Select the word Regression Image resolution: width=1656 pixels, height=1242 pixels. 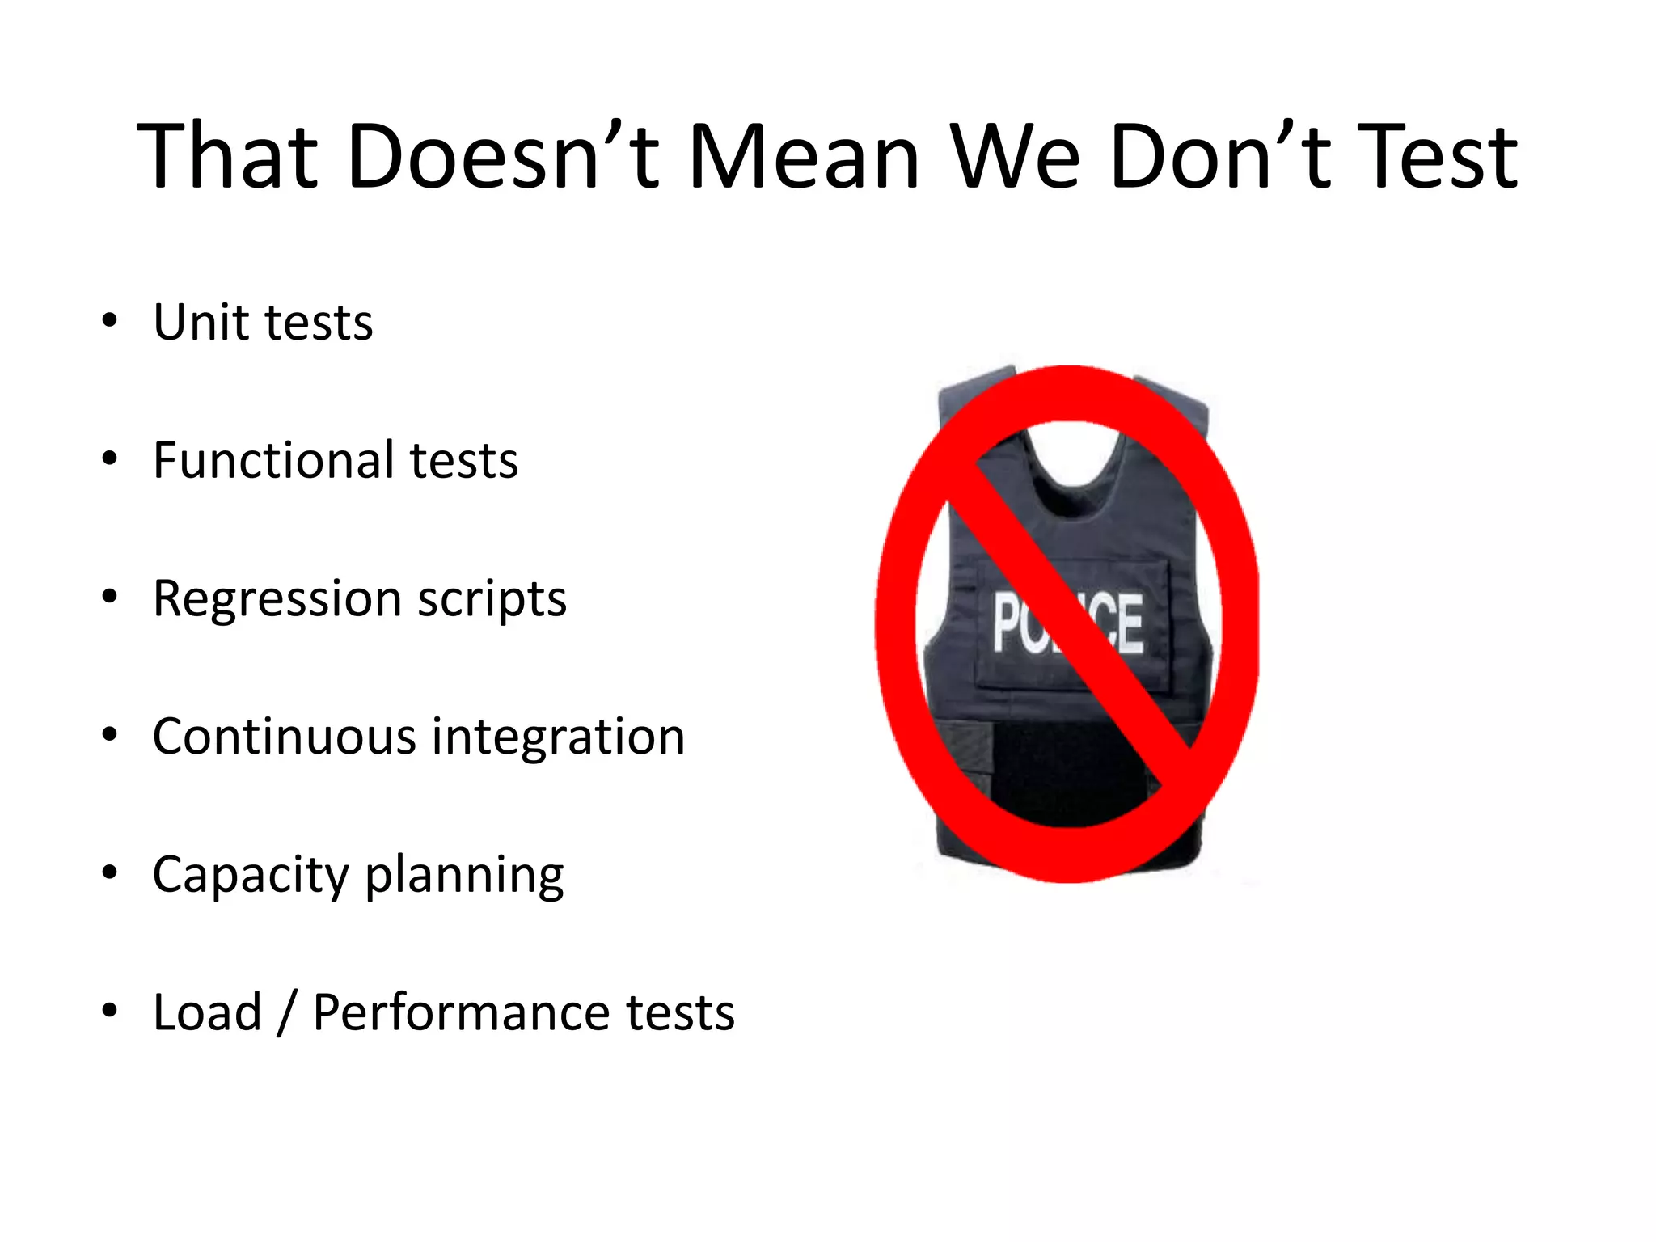[x=277, y=600]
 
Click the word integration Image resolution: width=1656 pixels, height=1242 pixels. [x=558, y=738]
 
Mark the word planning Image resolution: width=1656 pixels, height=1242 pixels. [x=464, y=876]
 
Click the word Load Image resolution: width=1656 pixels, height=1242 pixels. [x=207, y=1012]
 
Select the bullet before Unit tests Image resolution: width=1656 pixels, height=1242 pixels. [x=110, y=321]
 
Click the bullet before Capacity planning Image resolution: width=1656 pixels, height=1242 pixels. [x=110, y=873]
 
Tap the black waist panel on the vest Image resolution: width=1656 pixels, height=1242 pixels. [x=1067, y=768]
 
